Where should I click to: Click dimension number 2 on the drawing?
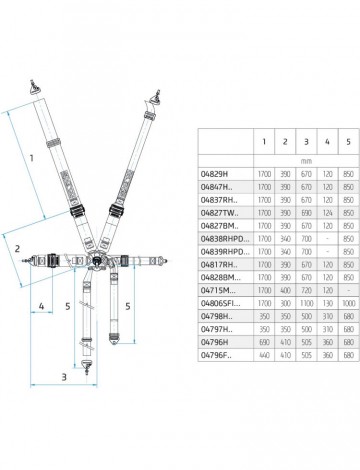coord(17,245)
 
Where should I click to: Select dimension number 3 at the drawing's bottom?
coord(64,405)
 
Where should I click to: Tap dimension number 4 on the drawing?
coord(42,306)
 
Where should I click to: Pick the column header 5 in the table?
coord(348,141)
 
